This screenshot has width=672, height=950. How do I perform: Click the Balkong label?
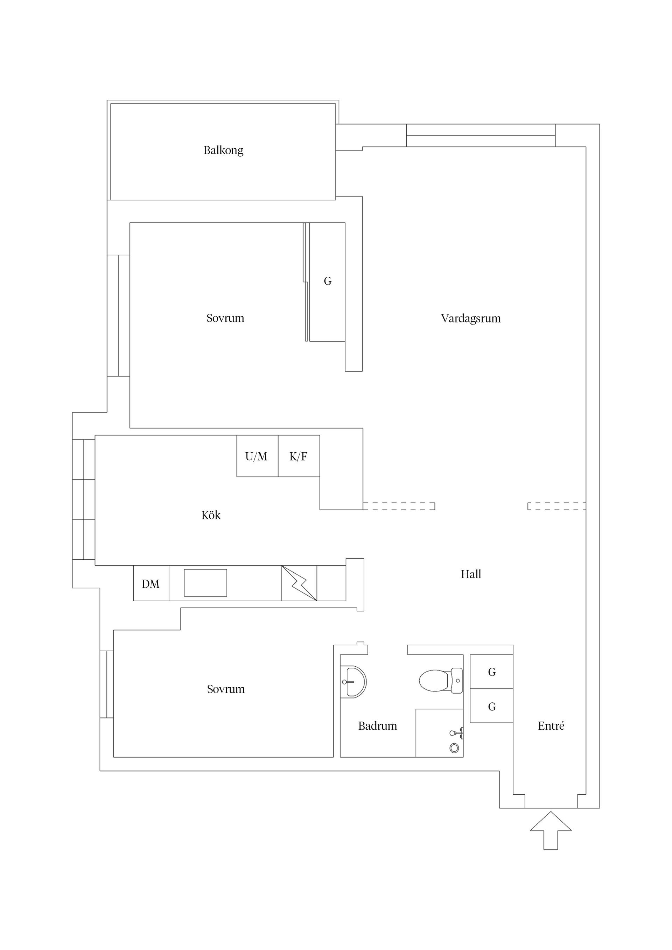223,150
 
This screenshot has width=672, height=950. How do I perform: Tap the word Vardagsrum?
470,318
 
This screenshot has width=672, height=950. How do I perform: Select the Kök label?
211,515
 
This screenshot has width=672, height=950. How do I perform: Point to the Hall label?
471,574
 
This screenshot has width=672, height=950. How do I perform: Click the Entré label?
551,725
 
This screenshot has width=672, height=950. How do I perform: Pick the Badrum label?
377,725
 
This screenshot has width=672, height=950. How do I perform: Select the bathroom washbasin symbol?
353,681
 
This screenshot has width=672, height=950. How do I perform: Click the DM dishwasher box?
151,584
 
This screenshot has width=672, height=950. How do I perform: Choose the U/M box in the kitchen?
257,456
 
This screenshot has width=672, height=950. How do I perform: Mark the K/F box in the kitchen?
299,456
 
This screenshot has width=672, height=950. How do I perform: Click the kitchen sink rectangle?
205,583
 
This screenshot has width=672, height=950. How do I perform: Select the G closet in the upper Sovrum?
328,281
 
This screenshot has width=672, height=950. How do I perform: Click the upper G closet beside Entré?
491,672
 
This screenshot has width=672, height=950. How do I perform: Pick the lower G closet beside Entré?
491,706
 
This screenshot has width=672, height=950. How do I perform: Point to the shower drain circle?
454,748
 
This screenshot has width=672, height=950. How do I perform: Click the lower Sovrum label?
226,689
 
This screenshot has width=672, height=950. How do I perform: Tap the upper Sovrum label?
225,318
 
